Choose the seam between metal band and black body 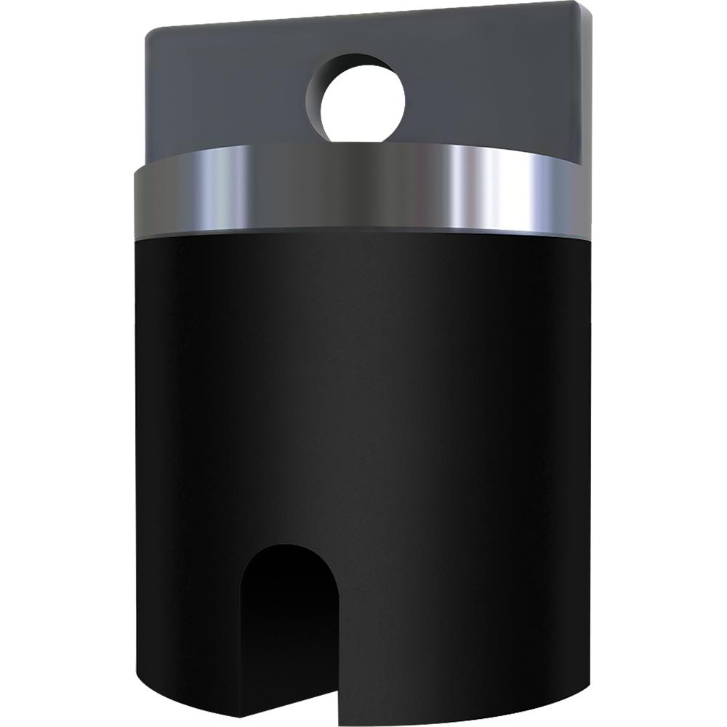click(363, 234)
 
